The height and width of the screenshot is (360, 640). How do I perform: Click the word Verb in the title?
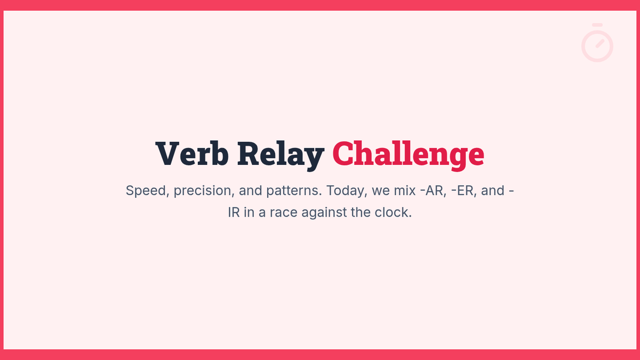tap(191, 154)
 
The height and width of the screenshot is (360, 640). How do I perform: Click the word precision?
tap(204, 191)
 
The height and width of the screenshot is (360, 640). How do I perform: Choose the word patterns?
tap(294, 191)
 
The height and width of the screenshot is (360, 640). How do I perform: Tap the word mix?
tap(405, 190)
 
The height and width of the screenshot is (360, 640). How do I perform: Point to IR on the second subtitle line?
tap(234, 213)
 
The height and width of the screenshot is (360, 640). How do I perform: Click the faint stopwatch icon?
tap(597, 43)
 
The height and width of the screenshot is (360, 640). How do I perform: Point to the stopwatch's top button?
tap(597, 25)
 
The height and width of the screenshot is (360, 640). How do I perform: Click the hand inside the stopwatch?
tap(600, 43)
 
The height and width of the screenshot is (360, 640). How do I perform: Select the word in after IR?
tap(249, 213)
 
